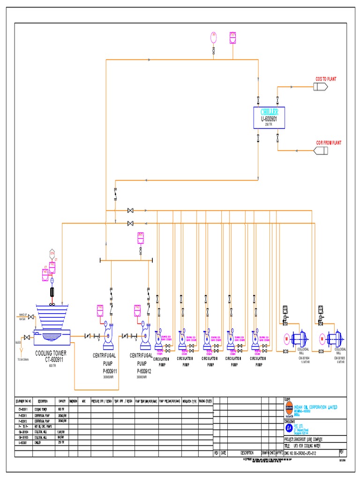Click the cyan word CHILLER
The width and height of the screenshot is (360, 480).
269,112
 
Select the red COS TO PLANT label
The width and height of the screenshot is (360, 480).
326,79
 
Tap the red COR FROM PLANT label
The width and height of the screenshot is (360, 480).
329,142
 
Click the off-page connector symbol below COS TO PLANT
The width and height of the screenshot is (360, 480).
322,87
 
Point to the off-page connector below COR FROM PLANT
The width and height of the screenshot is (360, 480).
322,150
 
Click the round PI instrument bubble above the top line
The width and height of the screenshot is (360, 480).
214,36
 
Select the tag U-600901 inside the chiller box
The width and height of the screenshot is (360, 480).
269,119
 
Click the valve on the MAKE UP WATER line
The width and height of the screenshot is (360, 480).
31,318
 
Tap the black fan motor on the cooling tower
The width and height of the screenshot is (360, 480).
52,292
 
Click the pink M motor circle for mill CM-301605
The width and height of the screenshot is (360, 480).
322,338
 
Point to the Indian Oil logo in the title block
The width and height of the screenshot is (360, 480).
288,408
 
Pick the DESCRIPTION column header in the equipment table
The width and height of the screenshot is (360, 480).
43,401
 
